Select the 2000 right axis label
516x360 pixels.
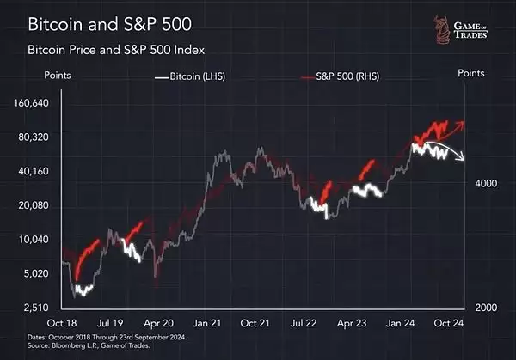tap(482, 308)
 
